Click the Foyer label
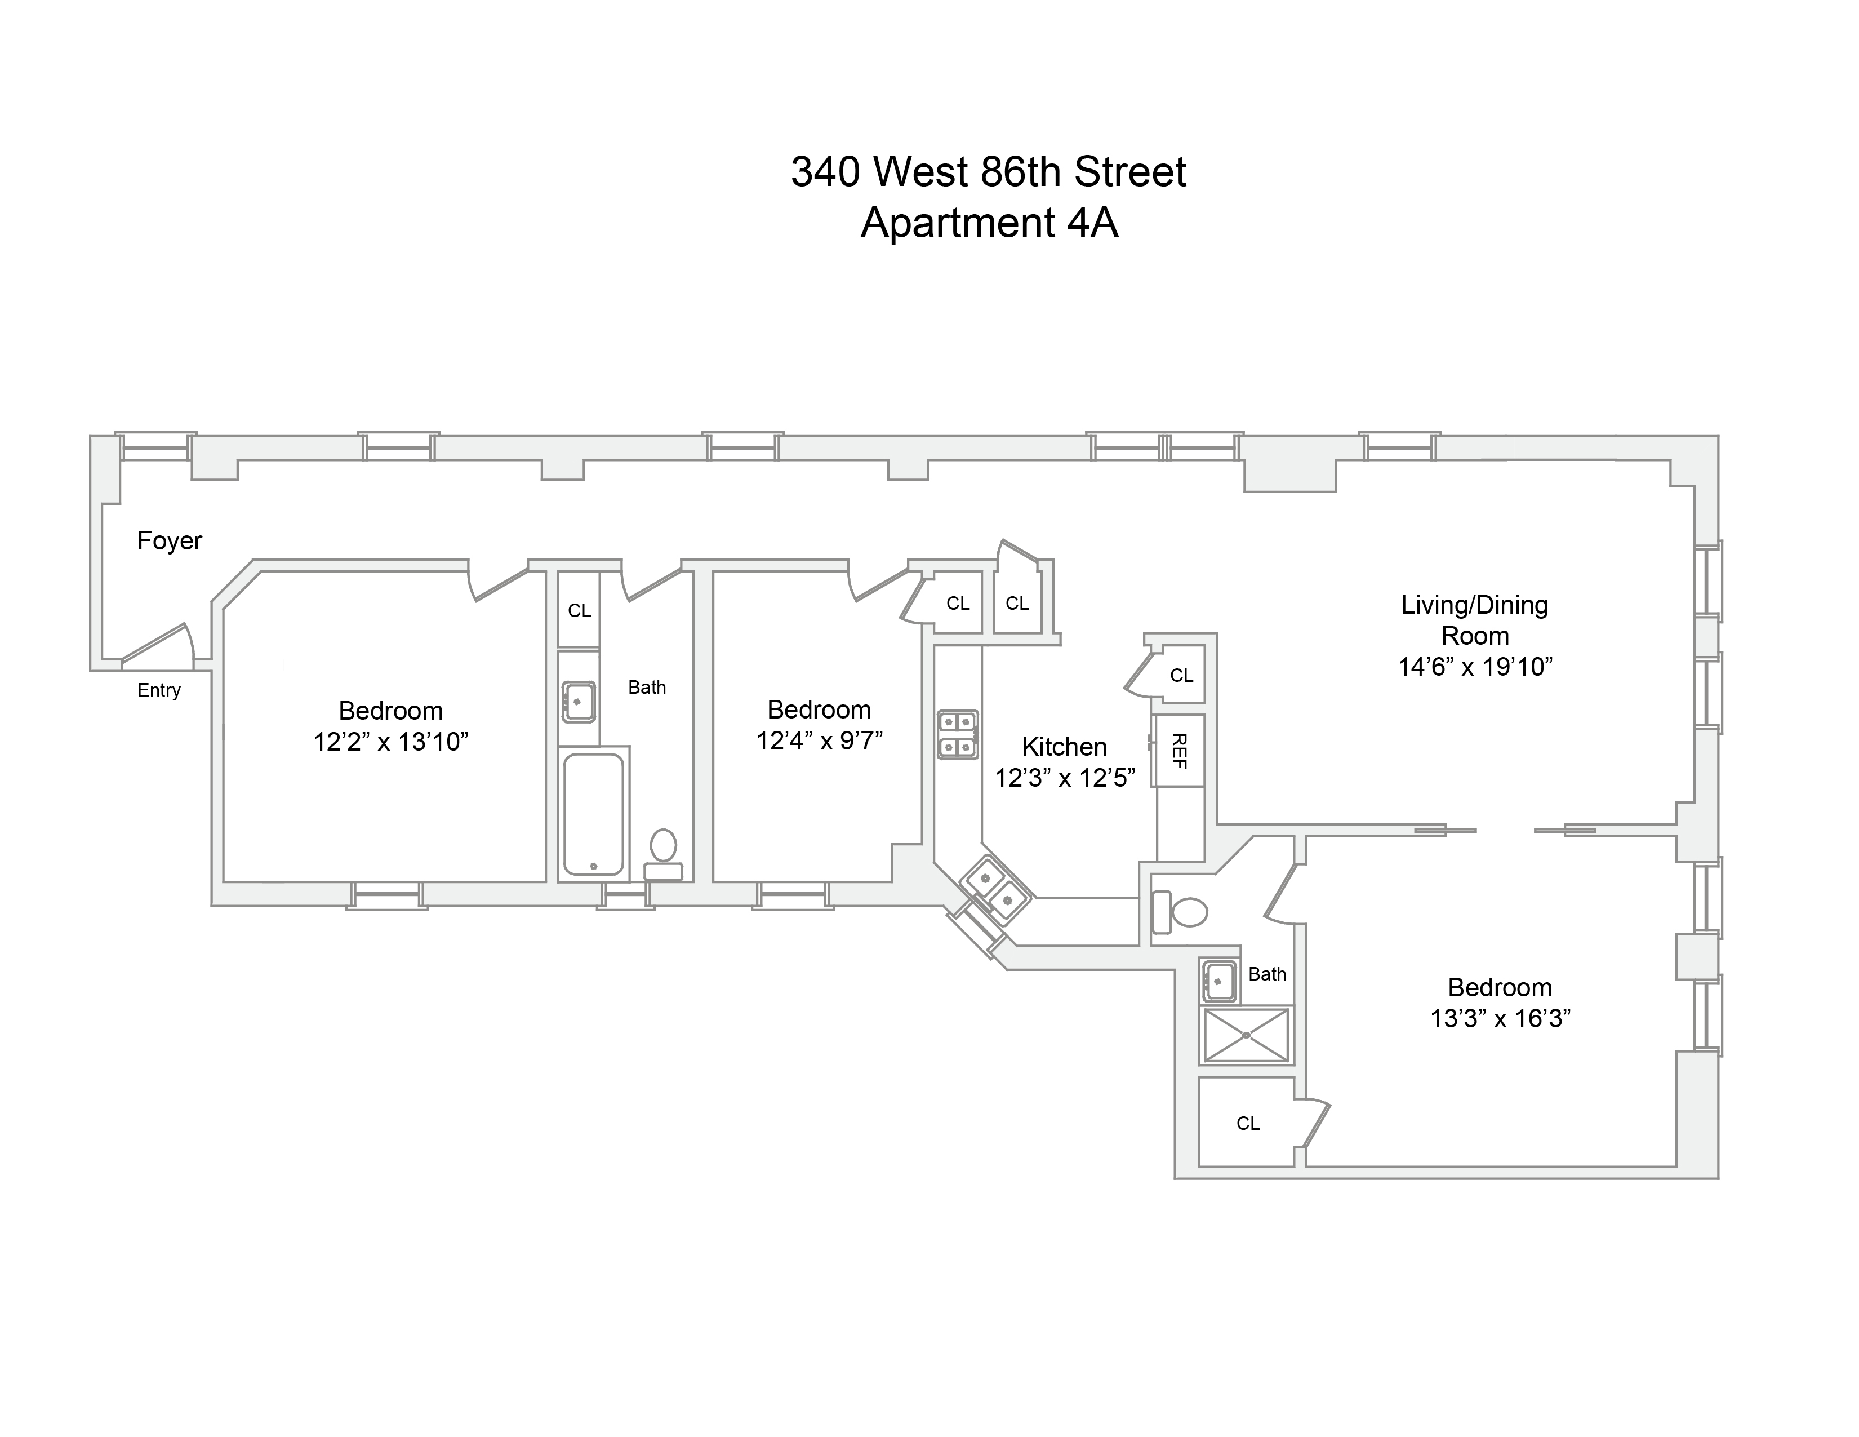[x=170, y=540]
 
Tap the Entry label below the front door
[x=159, y=690]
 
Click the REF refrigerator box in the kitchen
[x=1179, y=751]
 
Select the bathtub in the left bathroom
[x=593, y=814]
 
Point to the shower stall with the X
[x=1246, y=1035]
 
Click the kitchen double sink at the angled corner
[x=997, y=890]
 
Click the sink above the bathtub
[x=579, y=702]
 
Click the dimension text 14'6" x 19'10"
[x=1475, y=667]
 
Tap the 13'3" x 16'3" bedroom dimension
[x=1500, y=1019]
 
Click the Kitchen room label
[x=1064, y=747]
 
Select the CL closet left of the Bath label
[x=579, y=610]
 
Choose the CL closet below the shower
[x=1248, y=1124]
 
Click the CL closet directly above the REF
[x=1181, y=676]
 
